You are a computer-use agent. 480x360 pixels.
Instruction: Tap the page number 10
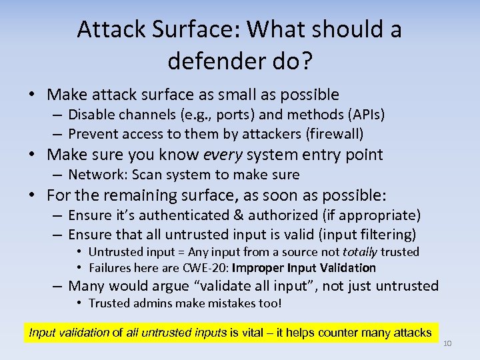(x=447, y=343)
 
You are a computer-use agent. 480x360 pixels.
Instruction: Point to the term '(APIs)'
(x=365, y=115)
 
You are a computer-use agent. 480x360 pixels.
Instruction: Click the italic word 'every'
(x=223, y=155)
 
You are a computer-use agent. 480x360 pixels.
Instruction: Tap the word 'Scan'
(x=144, y=175)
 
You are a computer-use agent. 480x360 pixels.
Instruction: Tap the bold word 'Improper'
(x=259, y=268)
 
